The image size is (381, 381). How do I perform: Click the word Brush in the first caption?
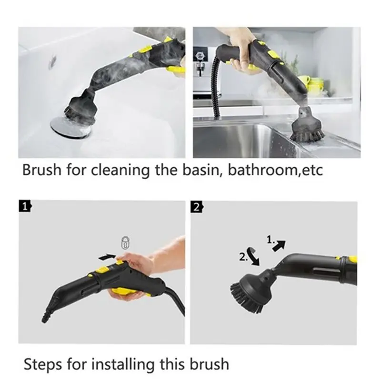(41, 170)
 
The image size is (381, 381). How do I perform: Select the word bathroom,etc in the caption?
(275, 170)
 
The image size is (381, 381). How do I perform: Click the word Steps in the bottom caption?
(43, 364)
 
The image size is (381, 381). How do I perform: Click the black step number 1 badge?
(25, 207)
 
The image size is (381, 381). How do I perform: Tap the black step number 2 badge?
(197, 207)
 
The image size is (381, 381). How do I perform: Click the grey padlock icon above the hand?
(125, 242)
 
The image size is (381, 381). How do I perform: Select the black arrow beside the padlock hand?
(107, 257)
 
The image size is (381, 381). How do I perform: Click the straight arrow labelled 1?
(279, 246)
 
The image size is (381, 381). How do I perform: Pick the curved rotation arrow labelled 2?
(253, 256)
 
